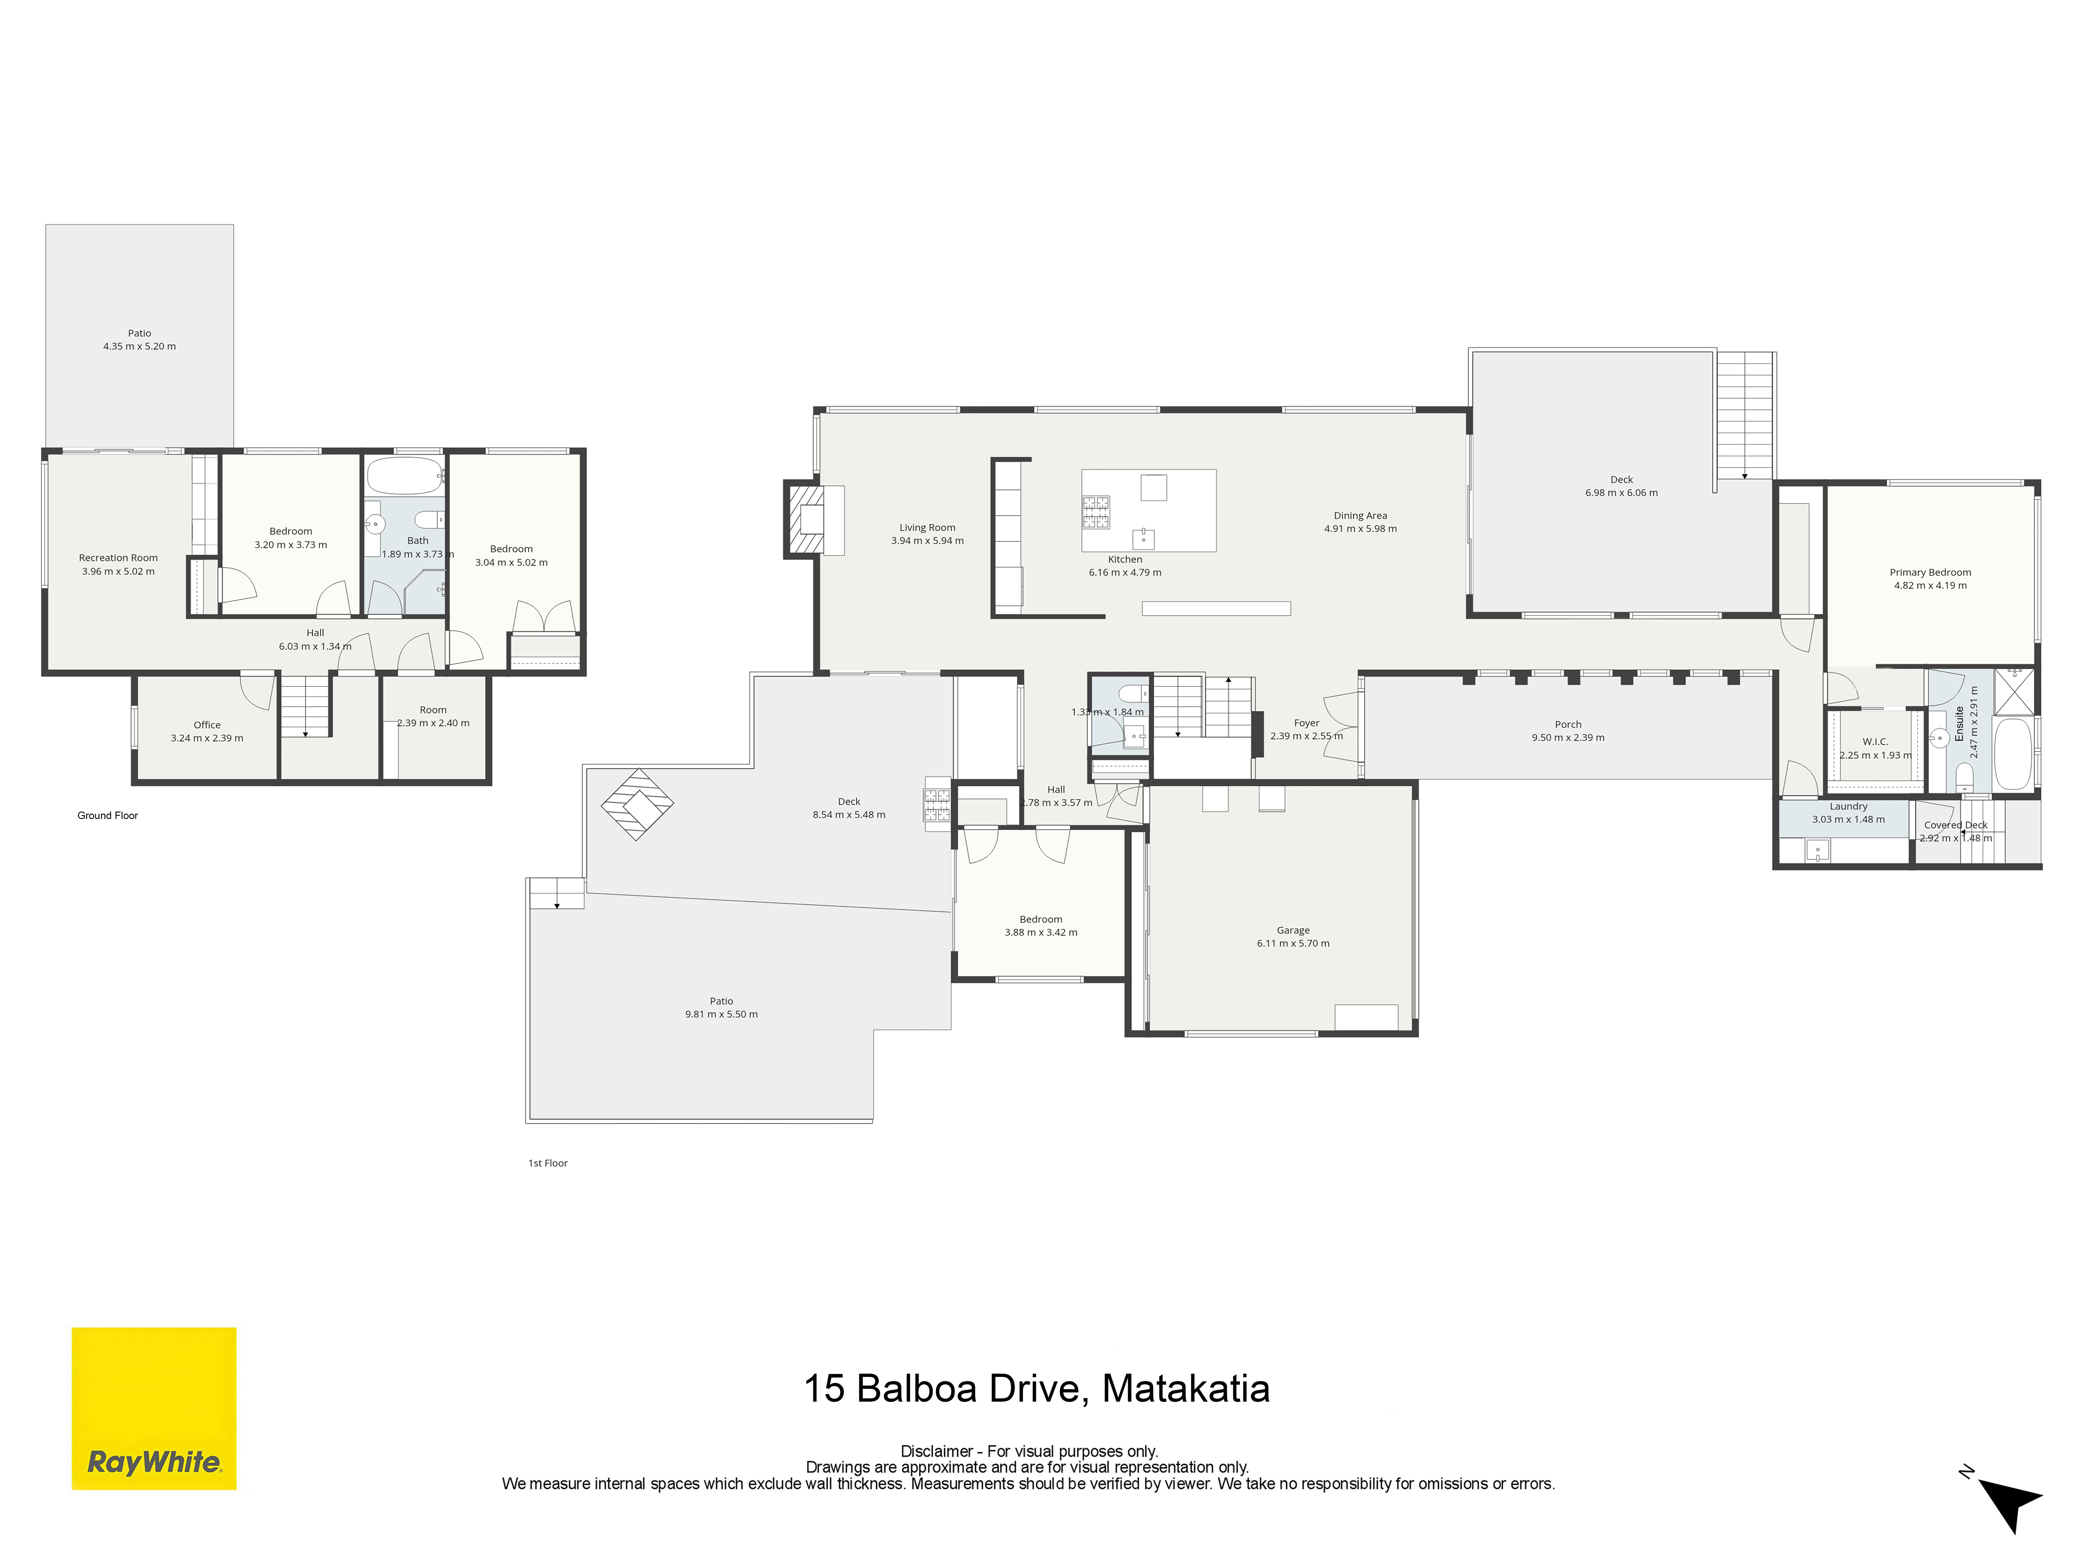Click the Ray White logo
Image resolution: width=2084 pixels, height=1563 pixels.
[154, 1408]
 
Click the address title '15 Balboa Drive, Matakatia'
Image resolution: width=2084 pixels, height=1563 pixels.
[1036, 1389]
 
